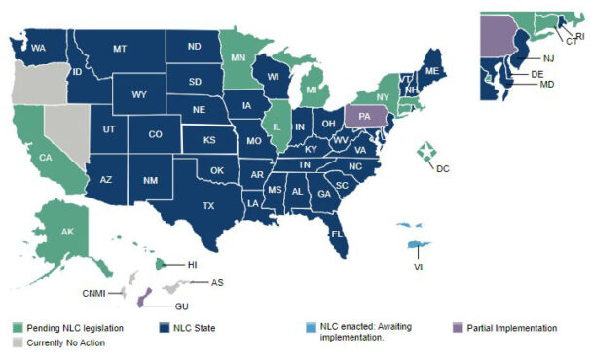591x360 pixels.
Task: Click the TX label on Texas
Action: coord(236,207)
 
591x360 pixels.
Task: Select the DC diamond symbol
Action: coord(425,151)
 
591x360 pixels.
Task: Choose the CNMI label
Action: coord(93,292)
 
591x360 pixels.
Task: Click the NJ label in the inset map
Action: coord(548,58)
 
